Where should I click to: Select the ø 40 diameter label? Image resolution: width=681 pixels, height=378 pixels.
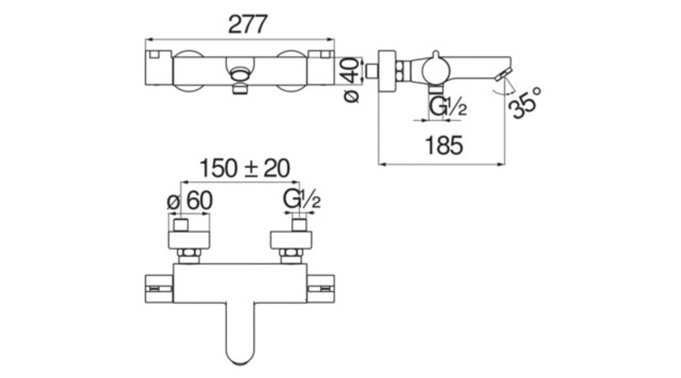click(x=352, y=80)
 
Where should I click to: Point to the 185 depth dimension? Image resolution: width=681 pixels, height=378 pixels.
click(x=443, y=145)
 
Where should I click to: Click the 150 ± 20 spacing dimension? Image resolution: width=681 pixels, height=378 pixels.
click(x=244, y=169)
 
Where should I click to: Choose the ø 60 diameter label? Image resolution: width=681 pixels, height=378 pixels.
click(x=190, y=201)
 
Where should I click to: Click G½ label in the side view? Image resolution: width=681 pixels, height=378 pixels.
click(x=448, y=107)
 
